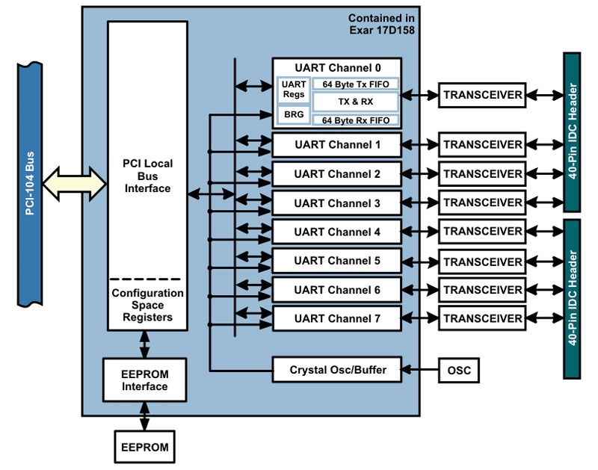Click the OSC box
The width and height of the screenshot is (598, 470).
coord(459,370)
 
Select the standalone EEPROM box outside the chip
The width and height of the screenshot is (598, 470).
coord(144,447)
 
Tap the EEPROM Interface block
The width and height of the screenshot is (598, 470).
coord(144,380)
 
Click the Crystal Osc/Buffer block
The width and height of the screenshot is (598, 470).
coord(337,369)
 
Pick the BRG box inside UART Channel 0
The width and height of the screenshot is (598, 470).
coord(294,114)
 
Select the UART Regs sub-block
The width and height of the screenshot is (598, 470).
coord(294,89)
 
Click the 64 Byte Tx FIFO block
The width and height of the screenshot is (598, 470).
coord(356,84)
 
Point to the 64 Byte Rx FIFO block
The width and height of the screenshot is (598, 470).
coord(356,120)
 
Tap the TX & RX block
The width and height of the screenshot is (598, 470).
coord(356,102)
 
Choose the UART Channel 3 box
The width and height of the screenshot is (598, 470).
coord(337,203)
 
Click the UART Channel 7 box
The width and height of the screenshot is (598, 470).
coord(337,318)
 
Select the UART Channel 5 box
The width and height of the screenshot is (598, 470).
coord(337,261)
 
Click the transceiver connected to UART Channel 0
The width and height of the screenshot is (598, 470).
coord(482,95)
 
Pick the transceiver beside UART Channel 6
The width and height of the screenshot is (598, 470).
coord(482,290)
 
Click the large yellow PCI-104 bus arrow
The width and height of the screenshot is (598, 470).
coord(74,184)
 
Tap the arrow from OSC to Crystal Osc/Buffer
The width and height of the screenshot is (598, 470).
coord(420,369)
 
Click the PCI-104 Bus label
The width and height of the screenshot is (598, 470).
coord(30,184)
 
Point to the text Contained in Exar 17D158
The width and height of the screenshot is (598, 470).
coord(381,24)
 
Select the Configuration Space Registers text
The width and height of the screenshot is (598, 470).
coord(147,305)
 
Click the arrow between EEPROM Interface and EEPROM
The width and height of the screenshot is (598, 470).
coord(144,416)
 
